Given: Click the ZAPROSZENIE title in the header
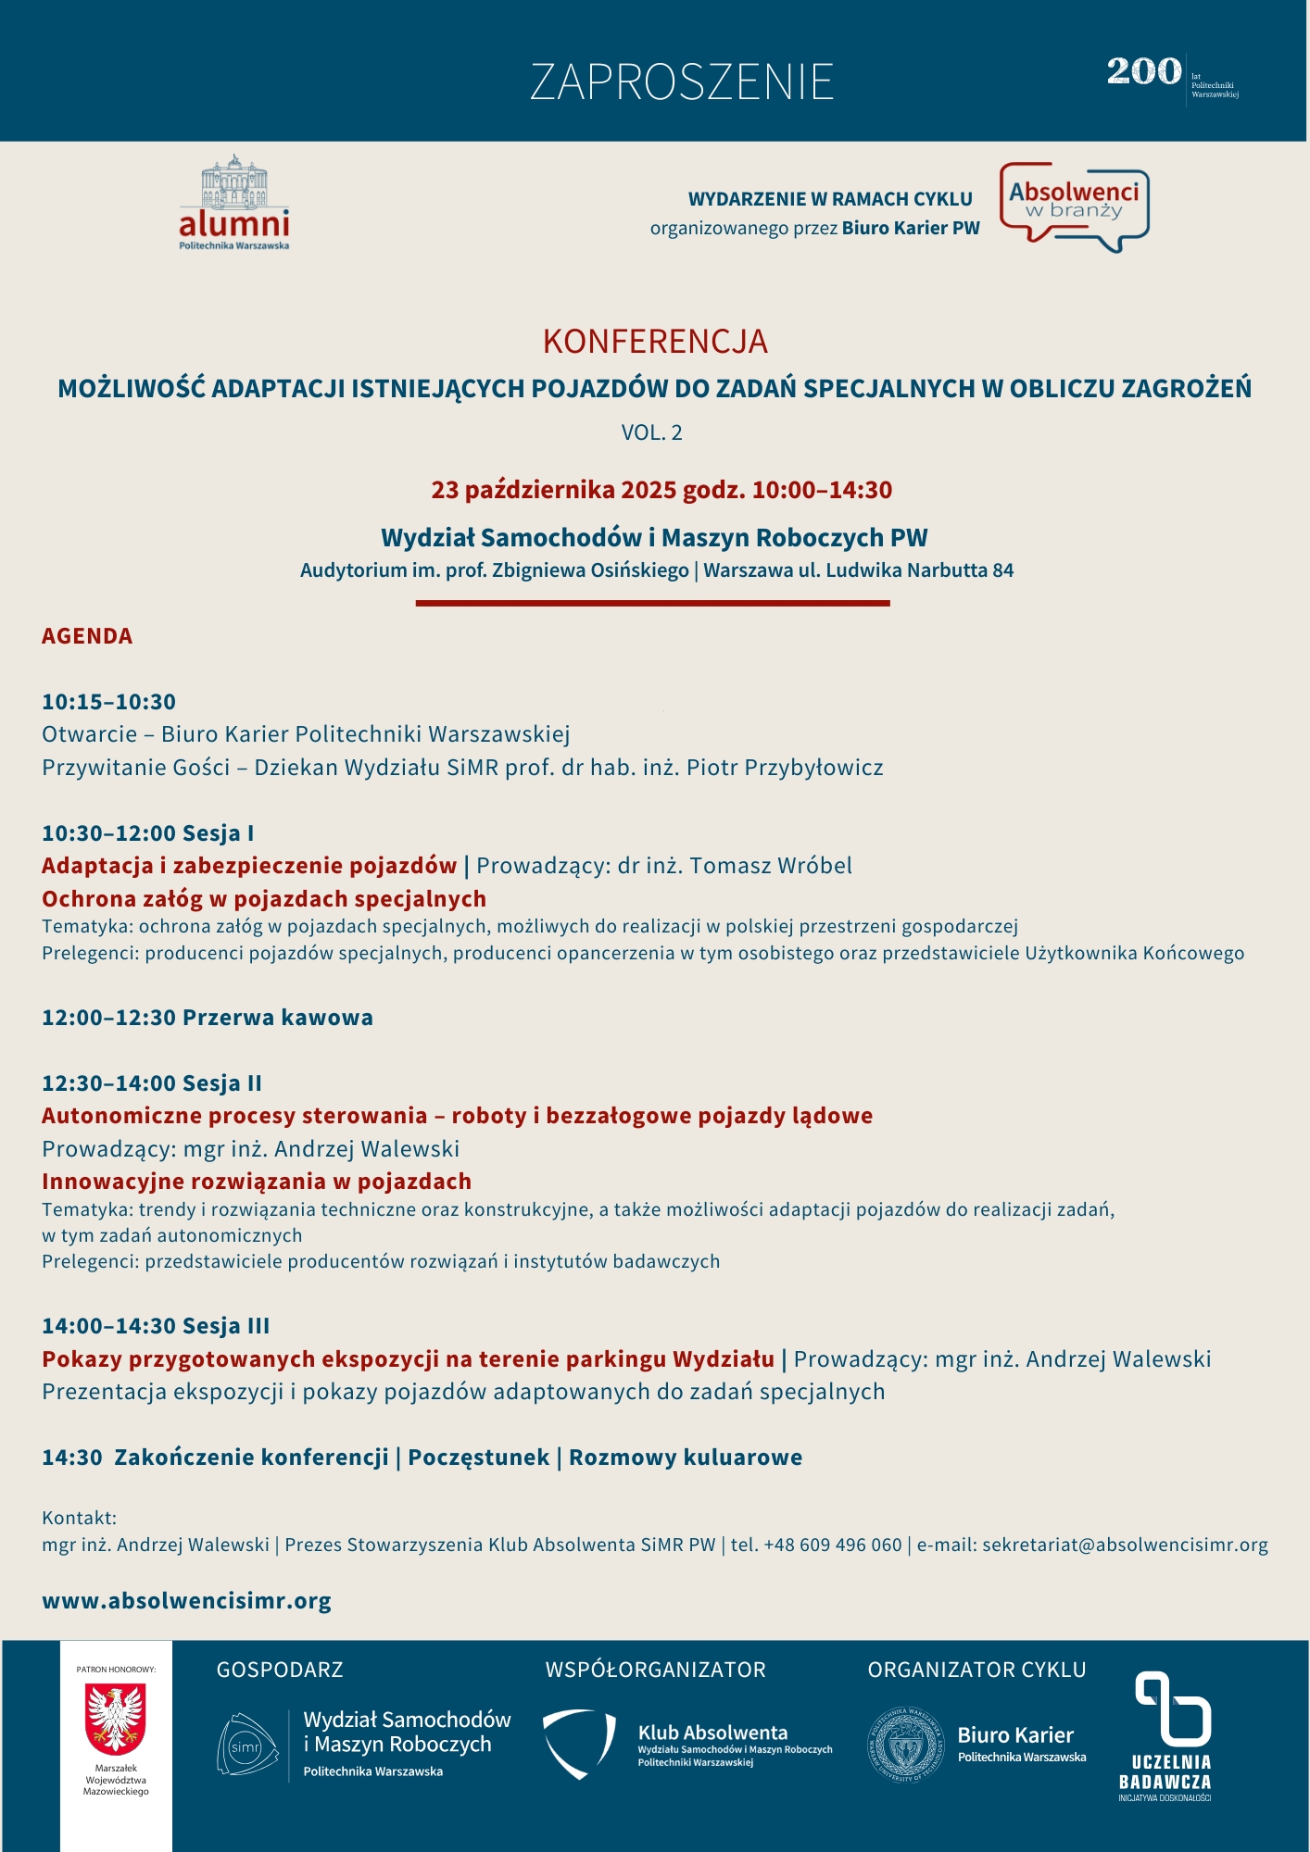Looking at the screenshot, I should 682,82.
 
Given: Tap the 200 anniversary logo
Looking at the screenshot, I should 1145,72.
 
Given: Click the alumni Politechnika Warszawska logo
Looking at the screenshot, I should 234,203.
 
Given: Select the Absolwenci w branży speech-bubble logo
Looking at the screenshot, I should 1075,206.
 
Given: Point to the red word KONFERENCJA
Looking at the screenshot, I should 655,342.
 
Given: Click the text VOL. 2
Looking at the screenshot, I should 652,432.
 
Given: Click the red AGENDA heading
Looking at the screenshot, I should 87,636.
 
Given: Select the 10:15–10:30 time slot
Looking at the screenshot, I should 108,702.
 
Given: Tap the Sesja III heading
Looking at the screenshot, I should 226,1326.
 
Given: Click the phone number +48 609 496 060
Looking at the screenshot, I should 833,1545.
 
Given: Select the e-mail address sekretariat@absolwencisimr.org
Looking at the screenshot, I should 1125,1545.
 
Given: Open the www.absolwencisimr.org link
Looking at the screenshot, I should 186,1601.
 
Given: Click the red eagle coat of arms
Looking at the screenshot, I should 116,1719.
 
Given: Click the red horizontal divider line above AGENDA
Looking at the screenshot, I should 652,603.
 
